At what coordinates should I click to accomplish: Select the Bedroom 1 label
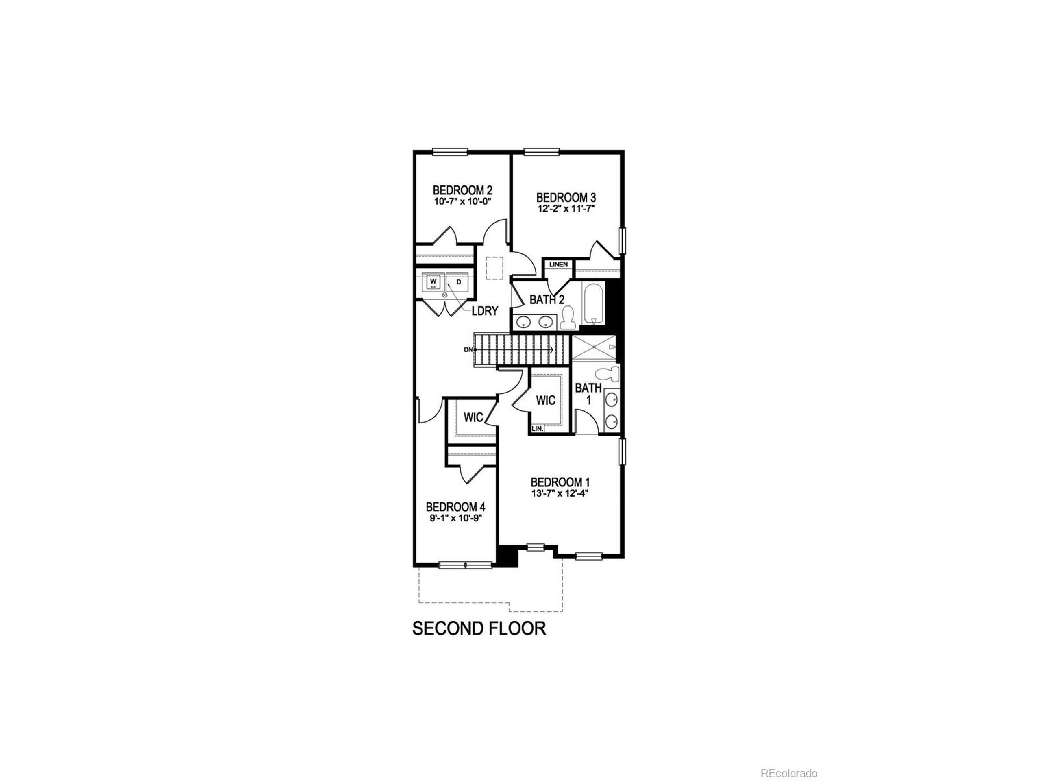click(x=560, y=482)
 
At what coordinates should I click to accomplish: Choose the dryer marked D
click(x=458, y=282)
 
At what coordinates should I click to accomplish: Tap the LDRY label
click(x=485, y=311)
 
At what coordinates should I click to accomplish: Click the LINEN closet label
click(x=558, y=264)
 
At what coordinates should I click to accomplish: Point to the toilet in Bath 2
click(x=568, y=318)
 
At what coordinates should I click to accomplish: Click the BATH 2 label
click(x=547, y=299)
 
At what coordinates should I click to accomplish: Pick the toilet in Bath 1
click(x=608, y=375)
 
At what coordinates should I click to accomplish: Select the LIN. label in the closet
click(x=538, y=429)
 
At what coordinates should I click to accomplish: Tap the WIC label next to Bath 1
click(x=545, y=400)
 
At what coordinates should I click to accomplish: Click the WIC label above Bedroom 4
click(x=473, y=418)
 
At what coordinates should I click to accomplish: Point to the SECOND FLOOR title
click(x=479, y=628)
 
